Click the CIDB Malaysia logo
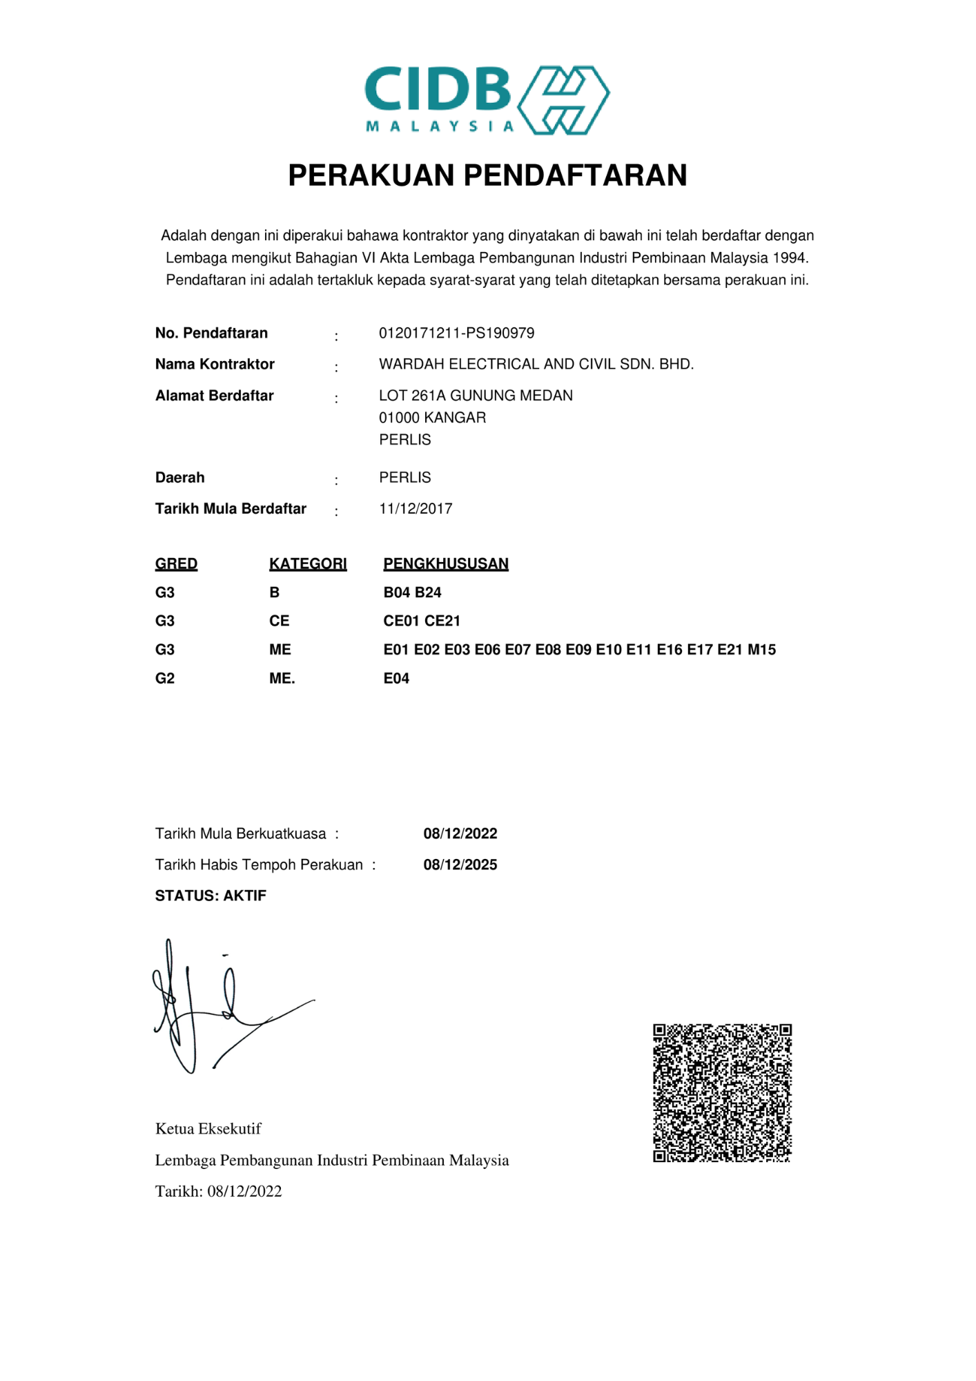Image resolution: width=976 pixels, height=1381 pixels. point(487,100)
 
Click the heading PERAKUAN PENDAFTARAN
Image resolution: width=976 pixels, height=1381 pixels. point(487,175)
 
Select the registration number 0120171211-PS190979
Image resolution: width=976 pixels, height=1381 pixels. point(456,334)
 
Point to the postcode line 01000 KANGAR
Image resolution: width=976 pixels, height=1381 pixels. point(432,418)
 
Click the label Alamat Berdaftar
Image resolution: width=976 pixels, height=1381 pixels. point(214,396)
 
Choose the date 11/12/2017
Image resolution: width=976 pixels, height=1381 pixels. point(416,509)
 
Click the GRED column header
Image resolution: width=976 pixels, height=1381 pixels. point(176,564)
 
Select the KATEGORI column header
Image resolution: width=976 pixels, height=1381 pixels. point(308,564)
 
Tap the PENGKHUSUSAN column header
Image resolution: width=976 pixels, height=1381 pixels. point(446,564)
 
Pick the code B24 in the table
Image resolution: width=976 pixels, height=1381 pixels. point(428,592)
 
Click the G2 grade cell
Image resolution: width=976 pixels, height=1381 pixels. point(165,679)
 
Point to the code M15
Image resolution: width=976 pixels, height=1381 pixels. point(761,650)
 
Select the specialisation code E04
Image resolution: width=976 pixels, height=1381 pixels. point(396,679)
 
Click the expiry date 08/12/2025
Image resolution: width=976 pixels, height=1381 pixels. point(460,865)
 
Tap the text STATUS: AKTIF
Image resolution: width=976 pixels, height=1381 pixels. point(211,896)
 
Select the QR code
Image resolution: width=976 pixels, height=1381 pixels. point(722,1093)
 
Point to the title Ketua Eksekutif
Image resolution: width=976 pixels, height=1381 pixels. point(208,1129)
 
